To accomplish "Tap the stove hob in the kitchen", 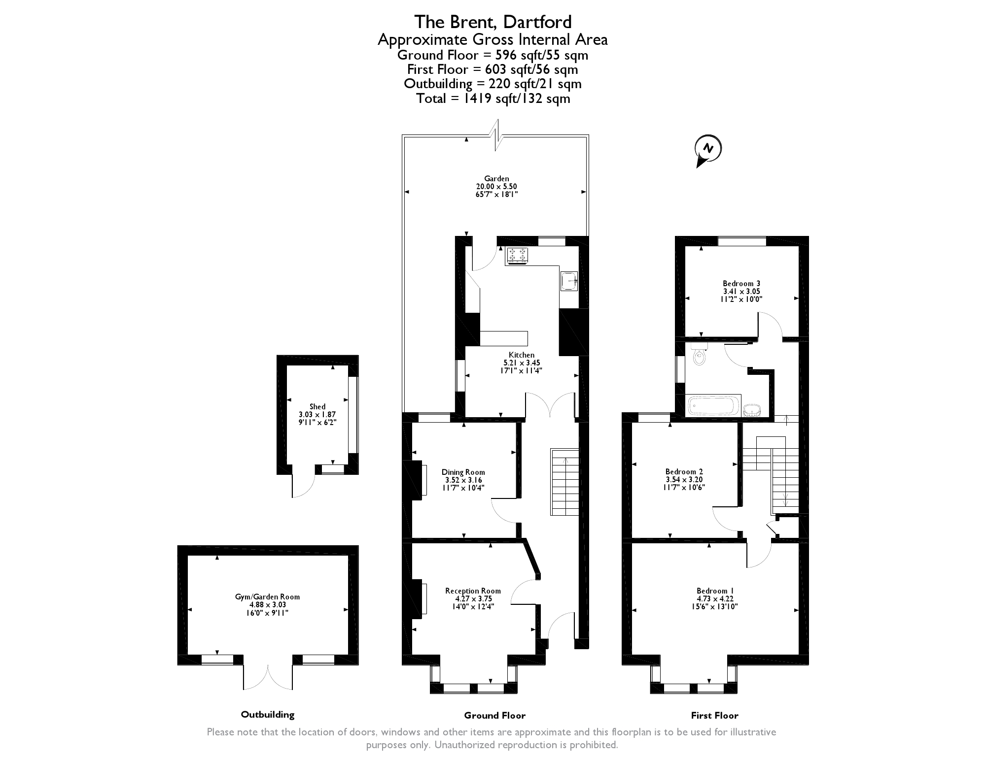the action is tap(517, 255).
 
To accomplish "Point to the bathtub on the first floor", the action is tap(713, 407).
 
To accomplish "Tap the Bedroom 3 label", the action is tap(741, 284).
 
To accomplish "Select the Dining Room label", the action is tap(463, 472).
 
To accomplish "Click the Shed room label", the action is tap(317, 406).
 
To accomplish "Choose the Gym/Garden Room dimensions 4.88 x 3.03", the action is tap(268, 605).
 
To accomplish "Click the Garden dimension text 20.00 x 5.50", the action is tap(496, 187).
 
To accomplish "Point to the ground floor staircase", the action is tap(565, 482).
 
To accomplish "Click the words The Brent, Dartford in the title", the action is tap(493, 22).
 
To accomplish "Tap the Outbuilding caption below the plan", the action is tap(267, 714).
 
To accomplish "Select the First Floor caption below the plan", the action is tap(714, 715).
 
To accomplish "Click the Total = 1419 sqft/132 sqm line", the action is tap(493, 99).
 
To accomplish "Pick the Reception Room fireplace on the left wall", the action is tap(423, 598).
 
